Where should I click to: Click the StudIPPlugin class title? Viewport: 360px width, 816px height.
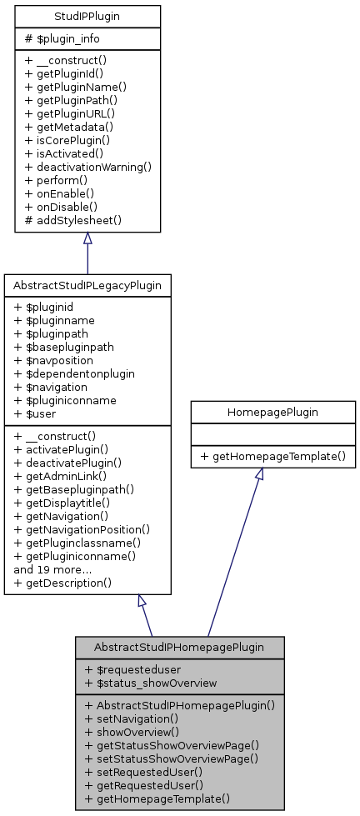87,16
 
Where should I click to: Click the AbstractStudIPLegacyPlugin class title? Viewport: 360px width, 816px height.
87,285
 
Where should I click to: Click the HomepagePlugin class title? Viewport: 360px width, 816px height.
267,412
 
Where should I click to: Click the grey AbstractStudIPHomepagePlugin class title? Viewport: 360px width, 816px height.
179,647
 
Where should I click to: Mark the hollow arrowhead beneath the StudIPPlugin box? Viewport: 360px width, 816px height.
87,238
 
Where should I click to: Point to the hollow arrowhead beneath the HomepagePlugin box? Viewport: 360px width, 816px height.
259,473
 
